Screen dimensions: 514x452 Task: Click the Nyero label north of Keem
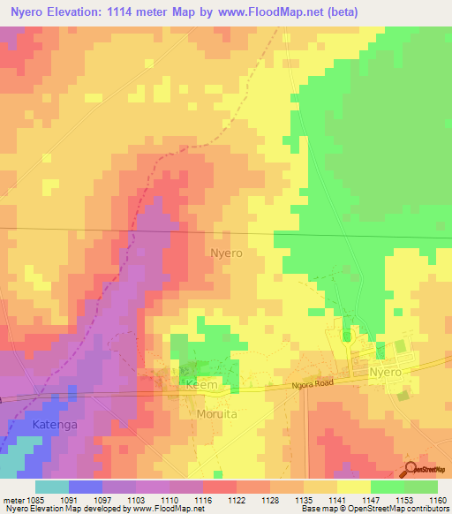[x=227, y=253]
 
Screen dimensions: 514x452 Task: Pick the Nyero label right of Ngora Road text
[x=385, y=373]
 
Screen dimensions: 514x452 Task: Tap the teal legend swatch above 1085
[x=52, y=487]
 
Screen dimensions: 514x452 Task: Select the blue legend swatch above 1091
[x=86, y=487]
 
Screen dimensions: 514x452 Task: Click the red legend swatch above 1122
[x=220, y=487]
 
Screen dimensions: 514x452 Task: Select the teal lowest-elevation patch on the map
[x=11, y=464]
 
